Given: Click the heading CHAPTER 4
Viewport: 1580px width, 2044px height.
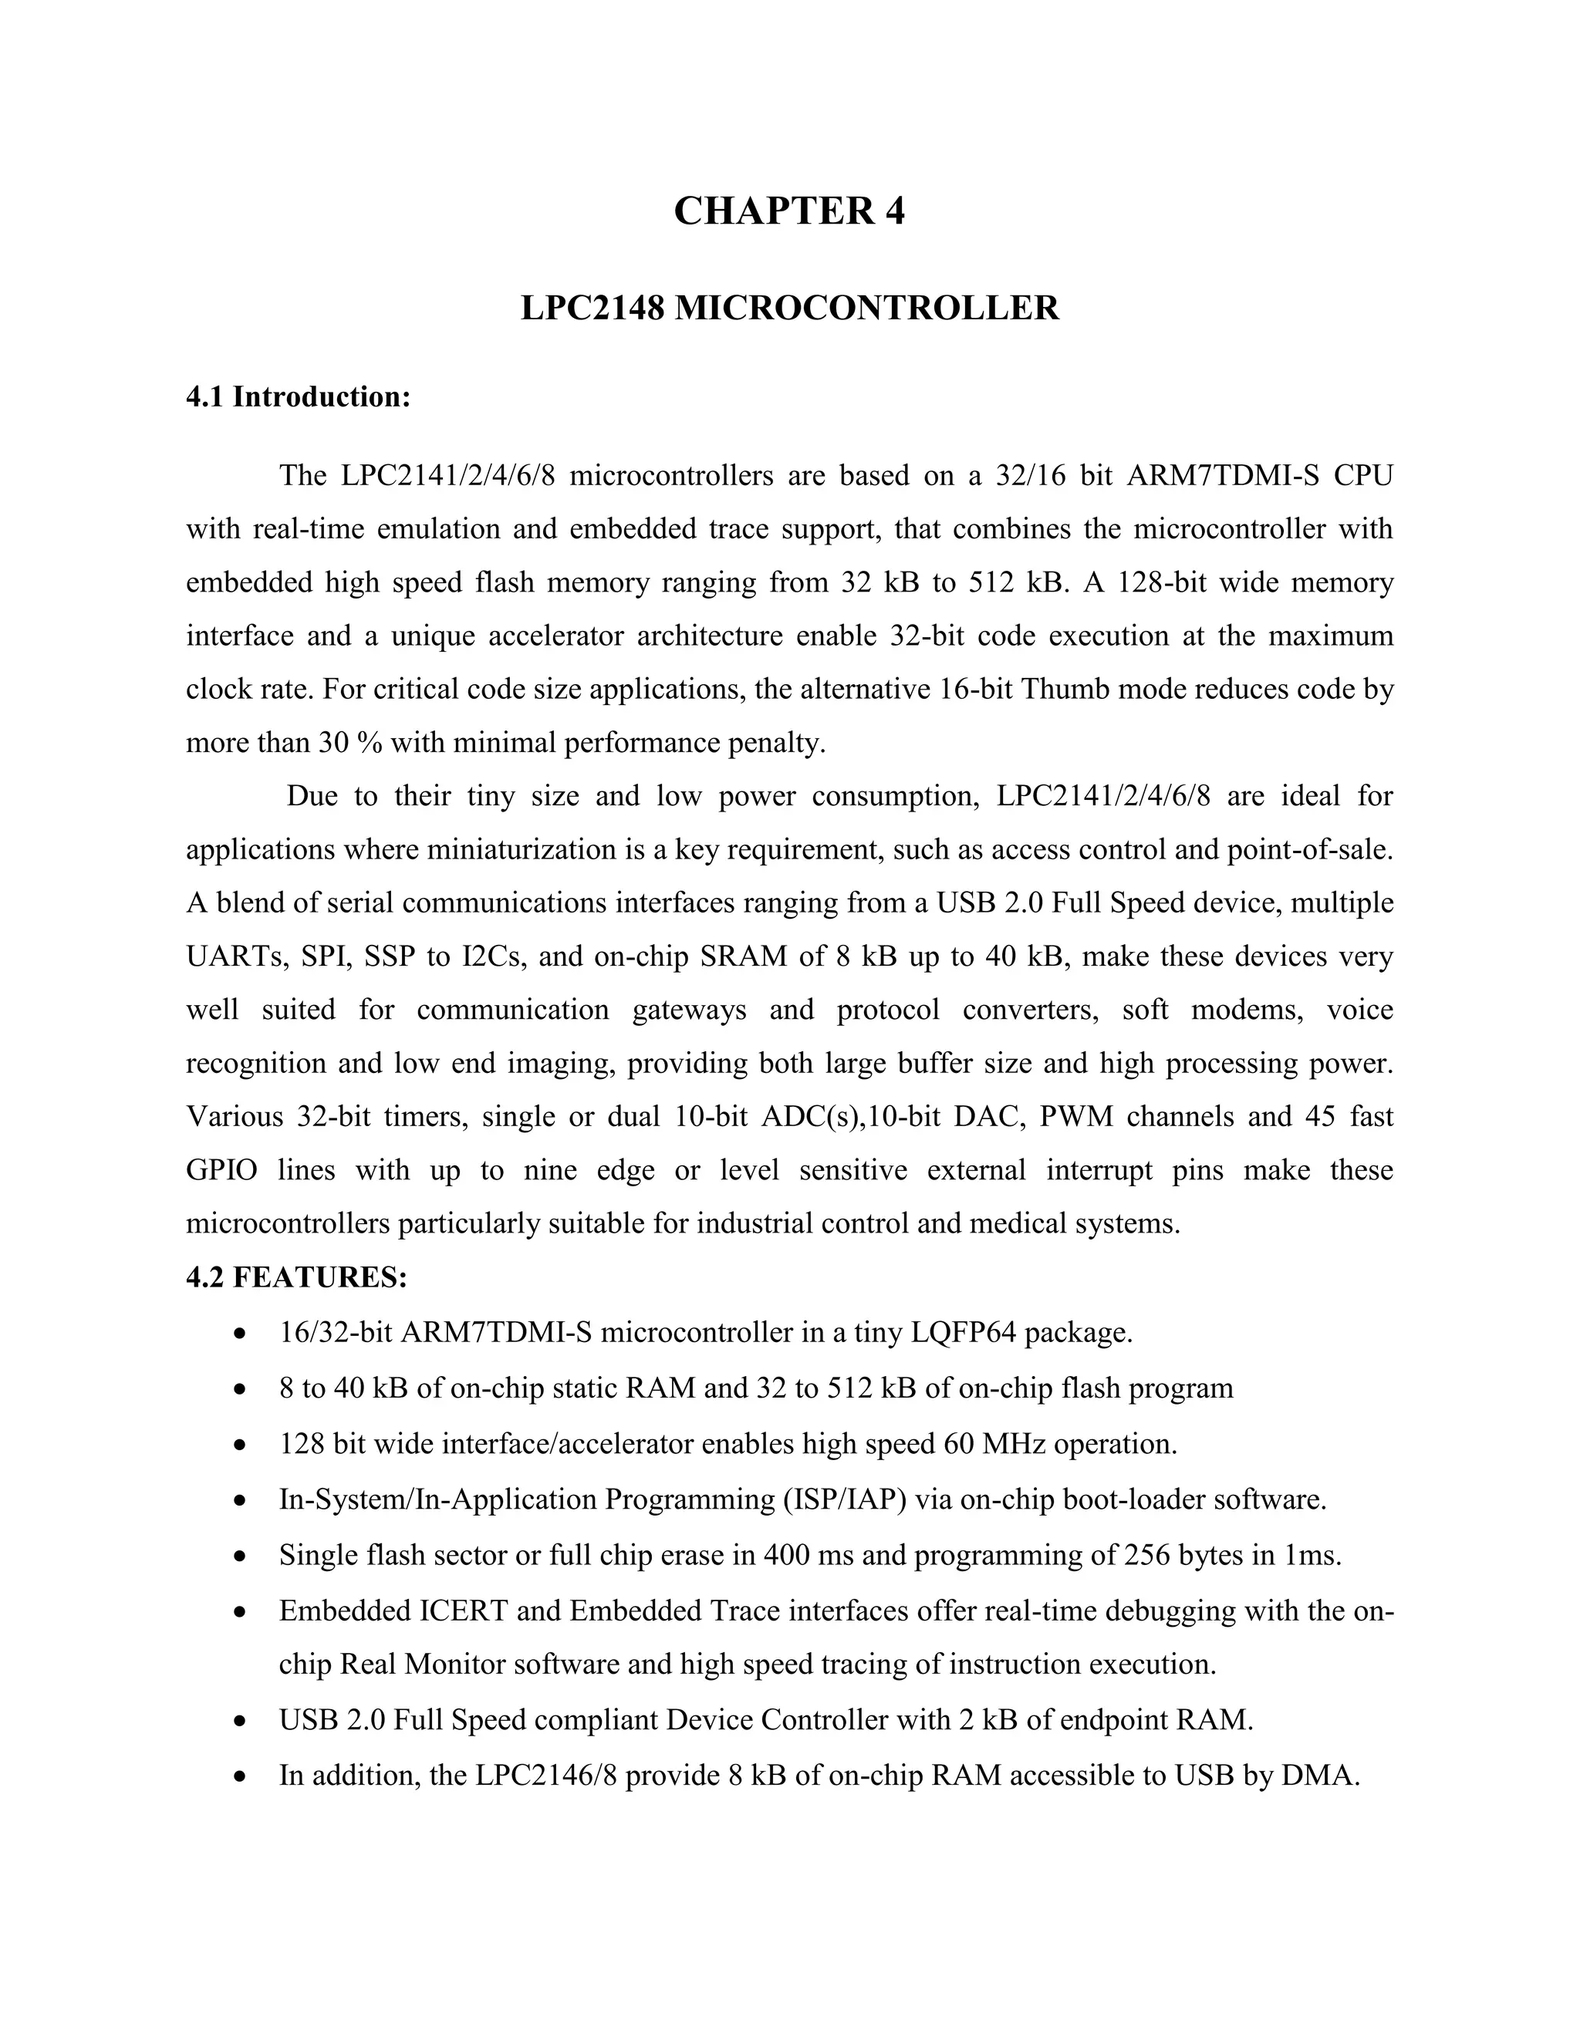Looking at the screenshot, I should tap(789, 211).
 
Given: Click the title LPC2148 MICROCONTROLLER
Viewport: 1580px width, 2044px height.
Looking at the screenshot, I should tap(789, 308).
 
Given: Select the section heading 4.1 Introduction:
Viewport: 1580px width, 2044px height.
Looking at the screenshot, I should tap(299, 396).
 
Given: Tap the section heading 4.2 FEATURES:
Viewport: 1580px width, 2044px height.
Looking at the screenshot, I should tap(297, 1277).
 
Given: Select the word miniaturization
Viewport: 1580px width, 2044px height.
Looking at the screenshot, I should tap(518, 850).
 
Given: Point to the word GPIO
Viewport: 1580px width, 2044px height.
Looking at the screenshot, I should tap(222, 1170).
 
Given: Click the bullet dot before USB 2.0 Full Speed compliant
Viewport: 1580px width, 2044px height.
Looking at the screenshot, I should tap(241, 1721).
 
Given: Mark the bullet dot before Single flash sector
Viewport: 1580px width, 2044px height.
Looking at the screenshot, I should tap(241, 1557).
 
